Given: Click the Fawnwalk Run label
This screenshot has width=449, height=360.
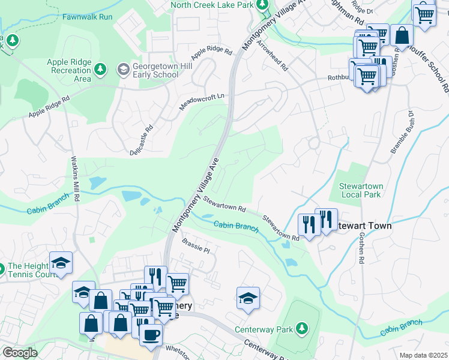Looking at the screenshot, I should [87, 17].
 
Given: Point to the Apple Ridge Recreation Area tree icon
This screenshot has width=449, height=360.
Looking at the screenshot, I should [100, 71].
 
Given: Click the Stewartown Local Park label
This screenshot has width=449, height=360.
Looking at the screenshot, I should [361, 190].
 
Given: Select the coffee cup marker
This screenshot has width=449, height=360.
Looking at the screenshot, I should [151, 334].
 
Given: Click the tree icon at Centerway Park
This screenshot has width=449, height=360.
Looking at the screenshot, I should [303, 328].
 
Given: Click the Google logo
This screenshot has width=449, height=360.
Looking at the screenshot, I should [20, 353].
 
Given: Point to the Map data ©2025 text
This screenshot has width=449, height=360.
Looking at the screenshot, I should [423, 355].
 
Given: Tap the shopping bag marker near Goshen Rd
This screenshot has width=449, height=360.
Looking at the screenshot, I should [402, 35].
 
